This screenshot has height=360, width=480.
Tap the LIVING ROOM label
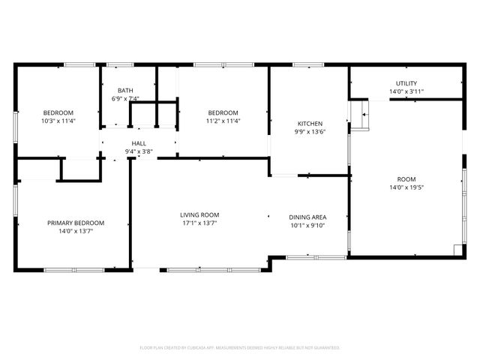click(x=199, y=214)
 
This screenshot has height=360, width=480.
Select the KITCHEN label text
click(x=310, y=124)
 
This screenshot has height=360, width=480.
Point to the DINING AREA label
click(x=308, y=217)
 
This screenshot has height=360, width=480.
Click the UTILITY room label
click(x=407, y=83)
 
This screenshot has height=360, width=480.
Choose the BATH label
click(x=125, y=90)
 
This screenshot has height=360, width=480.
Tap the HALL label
click(x=139, y=143)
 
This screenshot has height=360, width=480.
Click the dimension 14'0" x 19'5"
click(x=406, y=188)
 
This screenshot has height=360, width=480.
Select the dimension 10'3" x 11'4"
click(x=57, y=121)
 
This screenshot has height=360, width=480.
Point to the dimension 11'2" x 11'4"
click(x=223, y=121)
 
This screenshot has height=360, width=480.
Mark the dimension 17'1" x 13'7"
click(x=199, y=223)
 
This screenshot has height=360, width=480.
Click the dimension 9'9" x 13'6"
click(x=310, y=132)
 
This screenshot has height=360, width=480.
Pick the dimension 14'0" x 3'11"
click(x=407, y=91)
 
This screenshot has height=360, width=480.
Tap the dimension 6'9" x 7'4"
click(x=125, y=98)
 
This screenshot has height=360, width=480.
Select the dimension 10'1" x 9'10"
click(x=308, y=226)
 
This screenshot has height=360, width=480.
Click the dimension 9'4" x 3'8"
click(x=139, y=151)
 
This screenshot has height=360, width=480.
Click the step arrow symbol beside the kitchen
click(x=364, y=115)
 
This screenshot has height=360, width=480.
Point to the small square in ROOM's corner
click(x=457, y=250)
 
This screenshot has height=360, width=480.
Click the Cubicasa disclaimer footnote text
click(x=240, y=348)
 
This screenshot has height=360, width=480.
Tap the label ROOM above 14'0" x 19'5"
click(x=406, y=179)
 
